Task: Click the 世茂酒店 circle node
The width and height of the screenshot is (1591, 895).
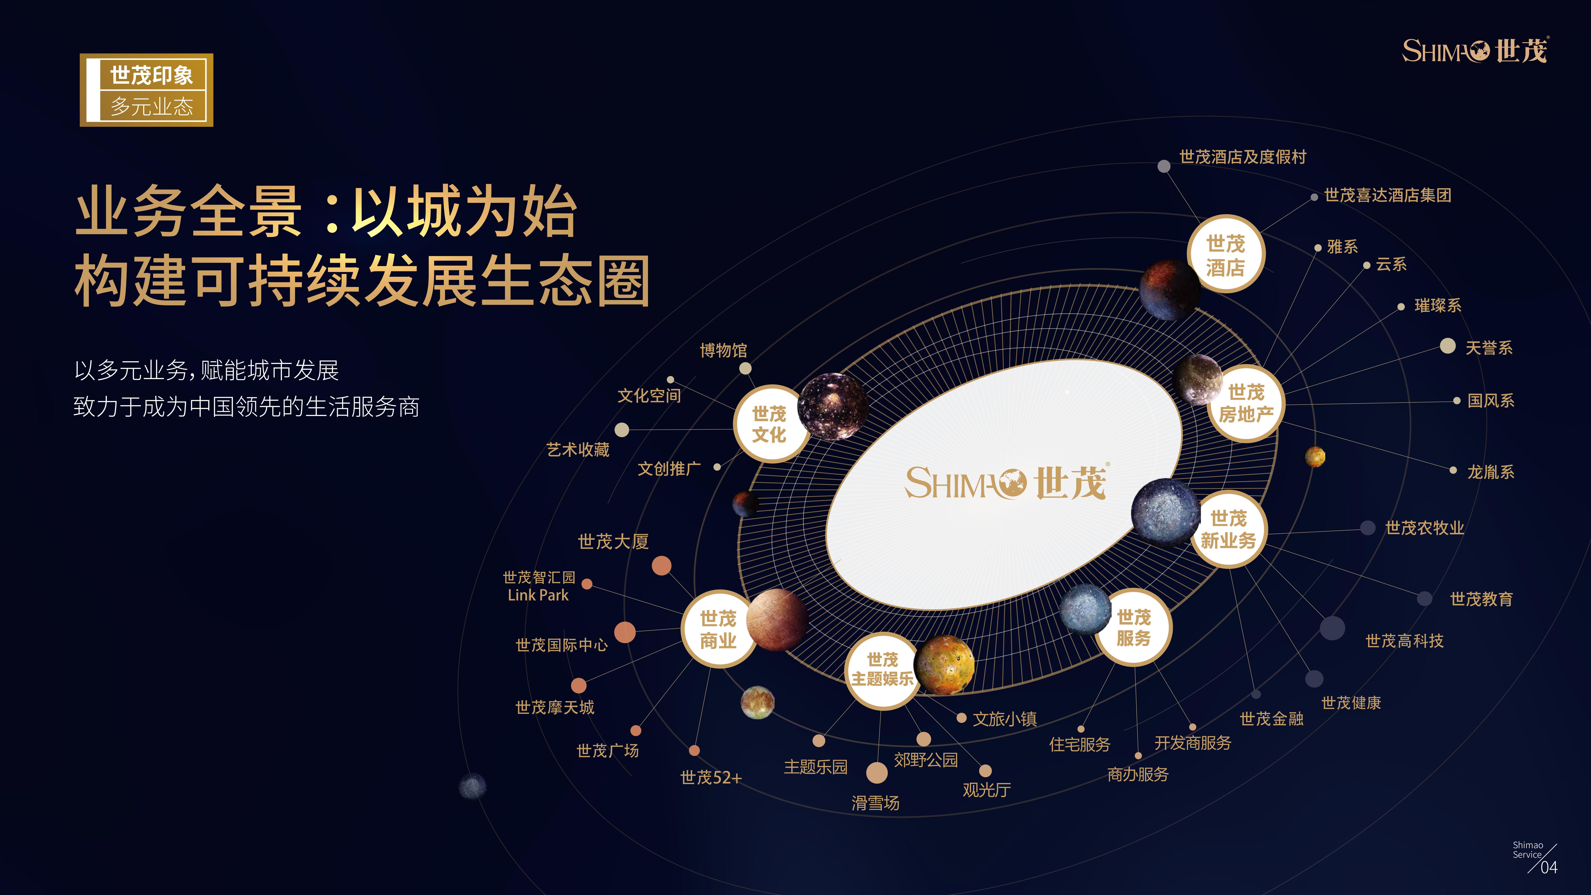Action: (x=1226, y=254)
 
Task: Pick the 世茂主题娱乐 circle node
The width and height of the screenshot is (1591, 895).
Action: (x=882, y=670)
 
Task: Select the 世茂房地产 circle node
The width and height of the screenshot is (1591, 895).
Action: (x=1246, y=403)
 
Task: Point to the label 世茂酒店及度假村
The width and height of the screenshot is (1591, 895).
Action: (x=1243, y=157)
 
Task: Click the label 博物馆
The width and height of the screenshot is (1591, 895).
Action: (x=723, y=350)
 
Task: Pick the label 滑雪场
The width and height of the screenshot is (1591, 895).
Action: (x=875, y=803)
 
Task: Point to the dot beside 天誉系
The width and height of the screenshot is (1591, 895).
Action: (x=1448, y=346)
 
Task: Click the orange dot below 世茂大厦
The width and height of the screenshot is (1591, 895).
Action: (x=661, y=565)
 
